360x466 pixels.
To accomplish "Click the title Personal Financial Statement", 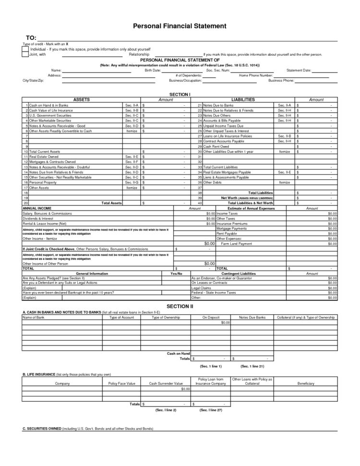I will point(180,26).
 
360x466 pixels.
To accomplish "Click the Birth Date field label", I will point(152,70).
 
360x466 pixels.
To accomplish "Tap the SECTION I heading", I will point(180,94).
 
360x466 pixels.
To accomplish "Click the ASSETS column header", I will point(81,99).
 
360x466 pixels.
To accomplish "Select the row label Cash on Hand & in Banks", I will point(48,105).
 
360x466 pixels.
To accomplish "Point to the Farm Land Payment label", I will point(236,244).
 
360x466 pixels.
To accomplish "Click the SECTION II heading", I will point(180,306).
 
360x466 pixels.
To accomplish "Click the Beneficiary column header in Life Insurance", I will point(306,383).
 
